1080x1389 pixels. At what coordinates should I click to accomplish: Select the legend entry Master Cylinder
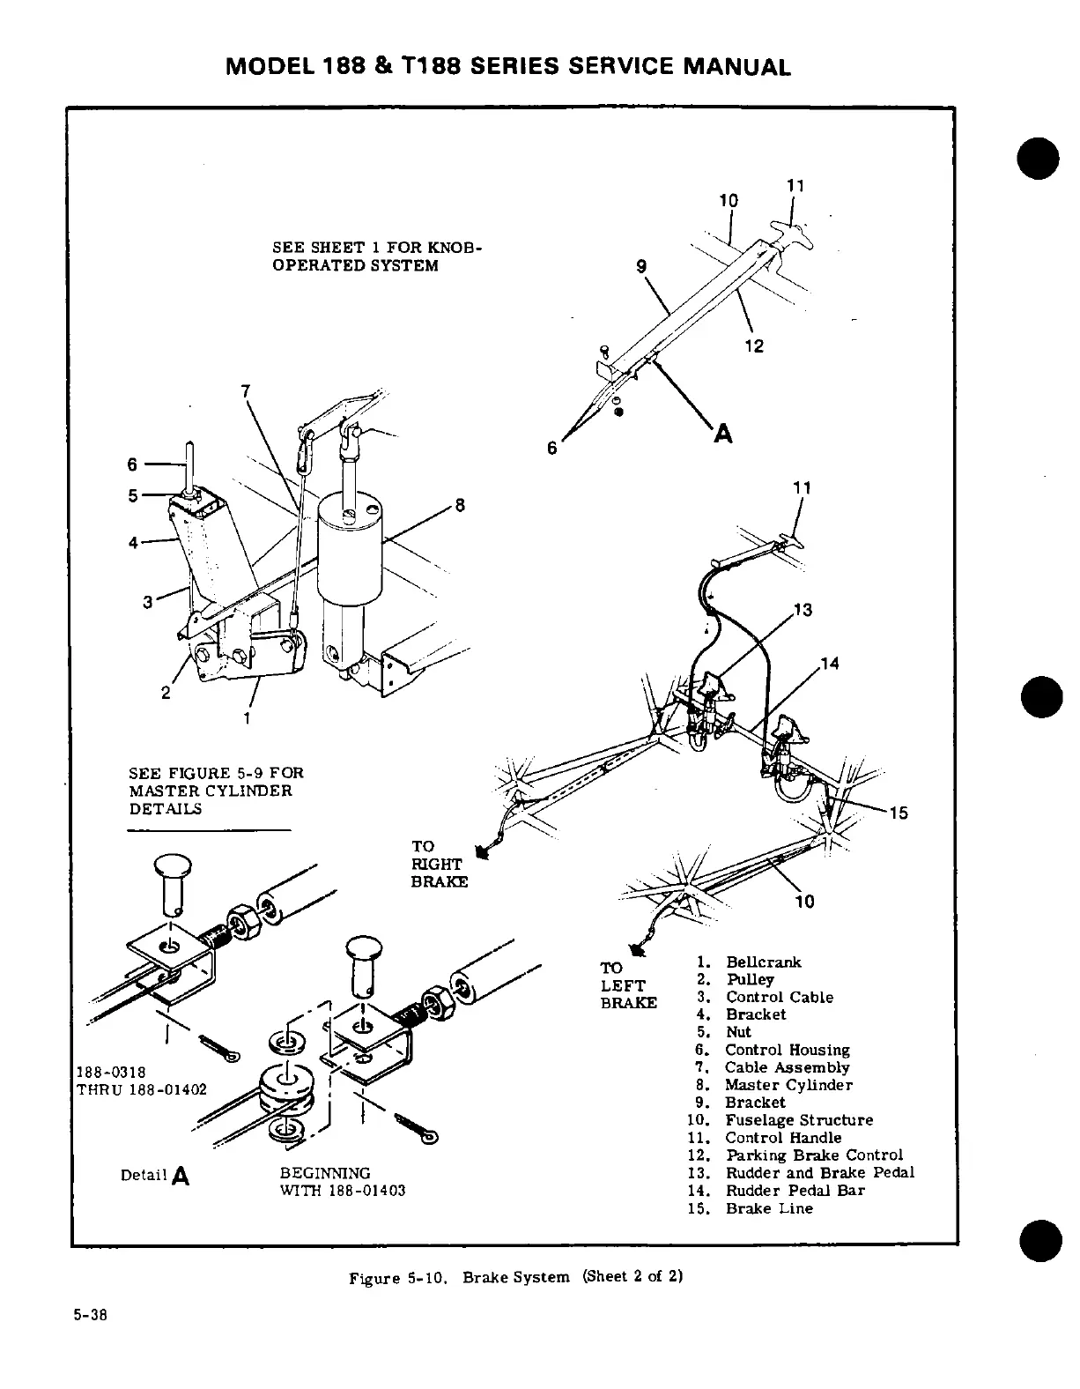pos(788,1085)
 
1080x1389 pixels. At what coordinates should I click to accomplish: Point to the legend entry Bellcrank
pos(763,962)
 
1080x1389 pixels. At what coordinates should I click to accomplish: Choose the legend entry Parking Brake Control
pos(814,1155)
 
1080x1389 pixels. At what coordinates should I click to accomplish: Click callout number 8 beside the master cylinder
pos(458,506)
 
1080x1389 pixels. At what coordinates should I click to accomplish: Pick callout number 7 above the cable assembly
pos(246,390)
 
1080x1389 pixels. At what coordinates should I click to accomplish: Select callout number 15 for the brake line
pos(898,813)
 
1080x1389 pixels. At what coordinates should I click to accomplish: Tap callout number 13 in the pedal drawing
pos(802,610)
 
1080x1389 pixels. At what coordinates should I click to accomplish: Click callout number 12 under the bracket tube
pos(753,346)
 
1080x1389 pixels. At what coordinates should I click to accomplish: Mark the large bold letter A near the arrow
pos(723,434)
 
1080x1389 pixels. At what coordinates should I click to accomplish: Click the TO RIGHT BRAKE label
pos(440,865)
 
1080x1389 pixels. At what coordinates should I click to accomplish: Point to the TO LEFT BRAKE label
pos(628,985)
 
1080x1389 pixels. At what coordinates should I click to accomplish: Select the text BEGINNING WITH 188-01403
pos(342,1182)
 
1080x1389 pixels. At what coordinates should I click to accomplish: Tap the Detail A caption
pos(155,1175)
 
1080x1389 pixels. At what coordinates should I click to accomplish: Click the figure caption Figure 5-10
pos(516,1277)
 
